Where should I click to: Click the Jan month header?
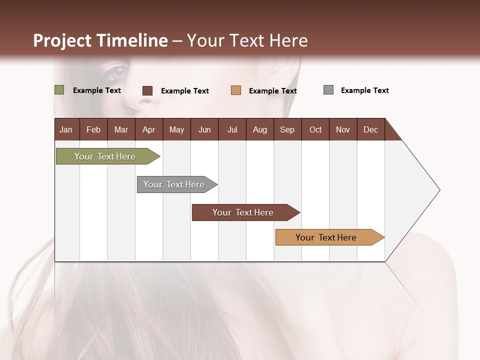(66, 129)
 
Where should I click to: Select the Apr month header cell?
(149, 129)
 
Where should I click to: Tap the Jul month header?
(232, 129)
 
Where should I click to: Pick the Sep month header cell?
(287, 129)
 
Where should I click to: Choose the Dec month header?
(370, 129)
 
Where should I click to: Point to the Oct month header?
(315, 129)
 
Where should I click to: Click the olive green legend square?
(59, 90)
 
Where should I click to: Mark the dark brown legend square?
(147, 90)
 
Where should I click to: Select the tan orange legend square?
(236, 90)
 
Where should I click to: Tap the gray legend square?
(328, 90)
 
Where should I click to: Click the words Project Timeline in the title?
(100, 40)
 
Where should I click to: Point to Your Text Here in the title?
(247, 40)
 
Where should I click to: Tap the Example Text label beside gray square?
(364, 90)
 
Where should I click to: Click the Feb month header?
(93, 129)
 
